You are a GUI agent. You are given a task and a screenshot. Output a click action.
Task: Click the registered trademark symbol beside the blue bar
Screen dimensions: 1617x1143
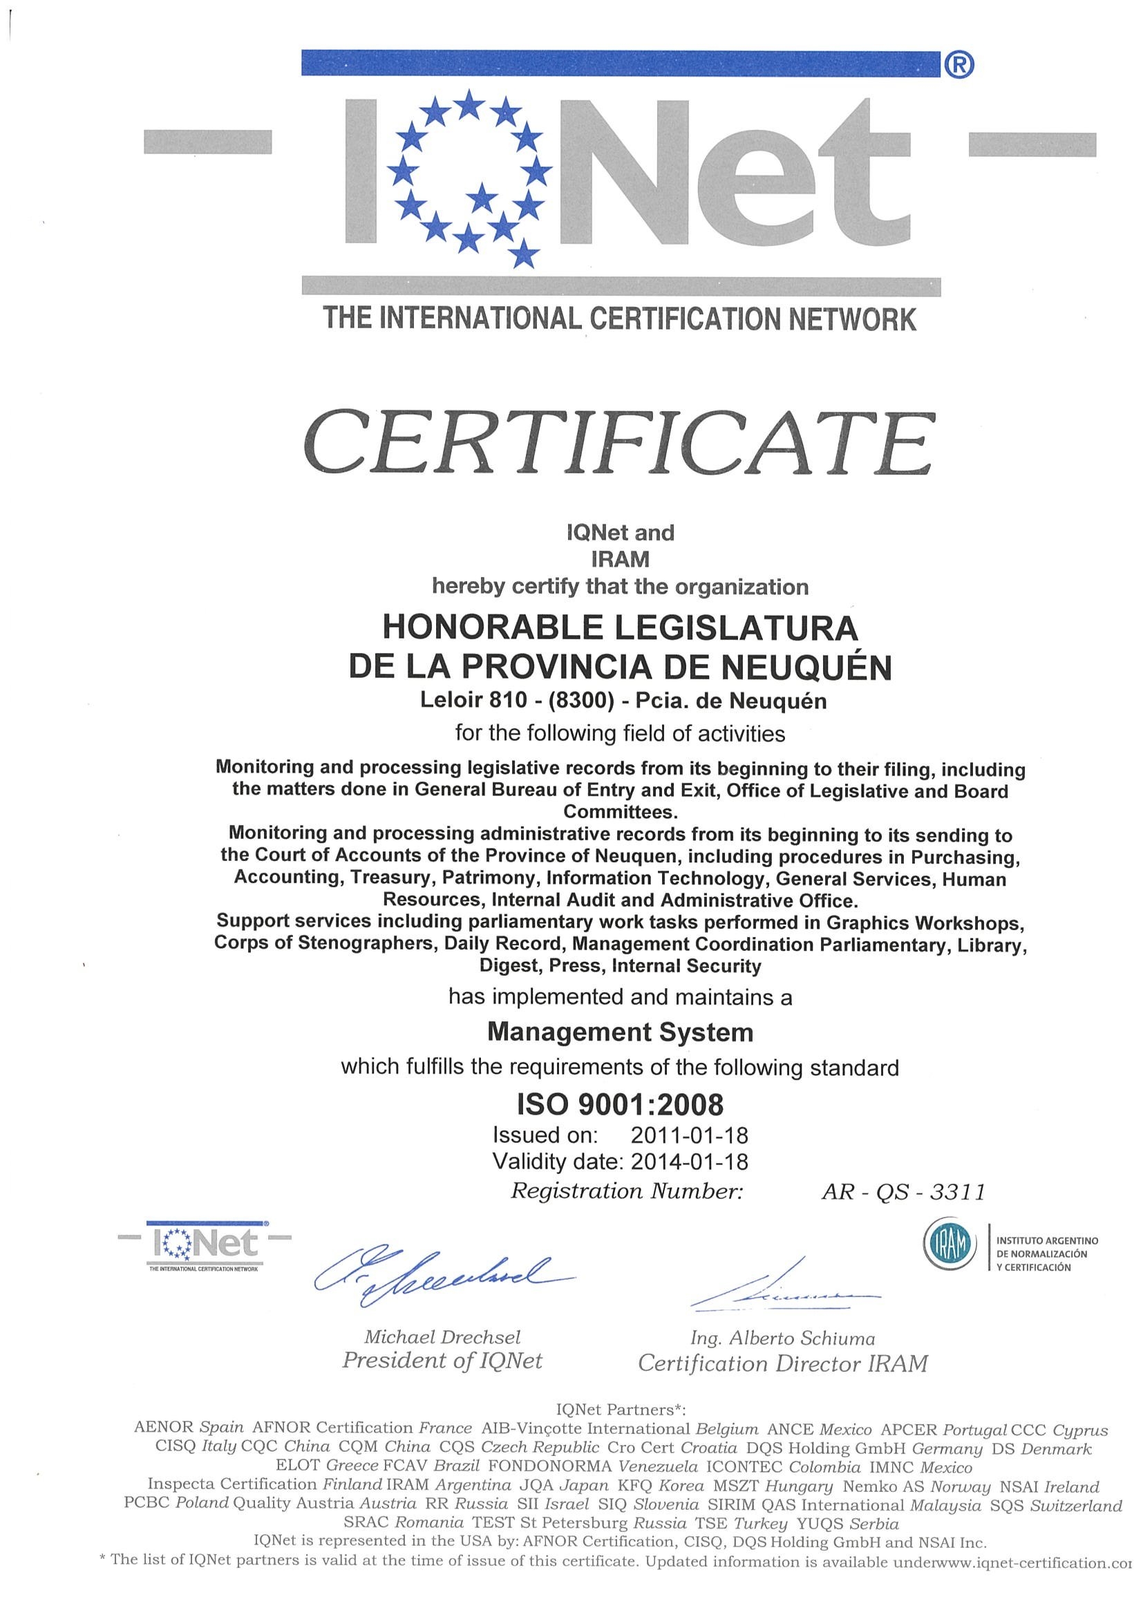958,65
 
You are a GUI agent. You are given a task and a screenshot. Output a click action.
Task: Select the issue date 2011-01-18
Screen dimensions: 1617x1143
690,1135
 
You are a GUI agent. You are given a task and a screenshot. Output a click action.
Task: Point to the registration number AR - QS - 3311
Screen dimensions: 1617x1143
902,1192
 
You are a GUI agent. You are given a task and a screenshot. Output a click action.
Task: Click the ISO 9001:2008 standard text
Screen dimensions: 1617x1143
620,1104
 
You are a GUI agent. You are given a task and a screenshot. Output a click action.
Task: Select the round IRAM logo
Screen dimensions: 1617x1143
950,1245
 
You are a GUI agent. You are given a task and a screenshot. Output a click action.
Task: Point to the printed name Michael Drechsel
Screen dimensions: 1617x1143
442,1337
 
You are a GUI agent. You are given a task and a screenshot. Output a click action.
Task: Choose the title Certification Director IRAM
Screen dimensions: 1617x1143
782,1364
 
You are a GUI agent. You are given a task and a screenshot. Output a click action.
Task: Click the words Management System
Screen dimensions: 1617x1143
620,1032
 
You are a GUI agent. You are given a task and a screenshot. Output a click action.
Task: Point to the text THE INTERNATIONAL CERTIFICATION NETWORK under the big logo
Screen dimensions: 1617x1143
620,319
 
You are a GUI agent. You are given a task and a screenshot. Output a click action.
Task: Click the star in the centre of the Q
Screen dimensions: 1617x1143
483,198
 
